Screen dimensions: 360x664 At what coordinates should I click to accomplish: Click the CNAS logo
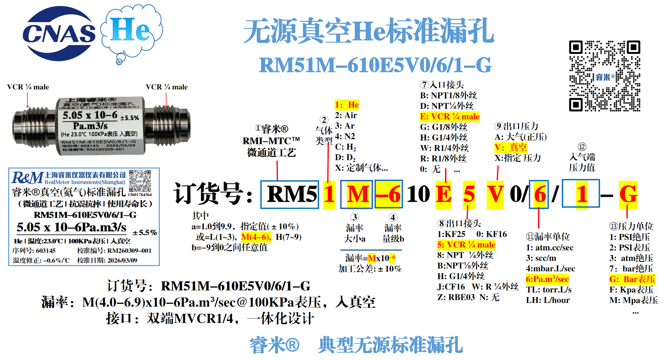click(x=59, y=34)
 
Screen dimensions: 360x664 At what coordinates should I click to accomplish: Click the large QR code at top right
click(x=605, y=76)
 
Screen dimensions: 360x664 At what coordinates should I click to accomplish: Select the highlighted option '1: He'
click(x=347, y=105)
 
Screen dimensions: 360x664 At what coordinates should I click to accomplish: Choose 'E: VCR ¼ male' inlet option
click(x=449, y=117)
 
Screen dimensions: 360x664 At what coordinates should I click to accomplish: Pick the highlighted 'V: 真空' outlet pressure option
click(x=510, y=147)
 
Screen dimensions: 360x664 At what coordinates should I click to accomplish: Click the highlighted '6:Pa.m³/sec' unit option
click(x=547, y=279)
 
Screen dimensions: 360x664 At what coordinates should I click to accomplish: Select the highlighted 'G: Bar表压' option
click(x=632, y=279)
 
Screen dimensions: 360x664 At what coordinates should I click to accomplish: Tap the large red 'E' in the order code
click(x=443, y=194)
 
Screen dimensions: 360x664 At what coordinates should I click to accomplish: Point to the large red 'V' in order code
click(x=495, y=194)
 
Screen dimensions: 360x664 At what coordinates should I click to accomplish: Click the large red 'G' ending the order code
click(x=628, y=194)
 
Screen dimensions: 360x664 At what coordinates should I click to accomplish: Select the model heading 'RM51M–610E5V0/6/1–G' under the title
click(x=375, y=65)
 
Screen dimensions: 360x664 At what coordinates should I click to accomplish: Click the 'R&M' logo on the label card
click(x=28, y=178)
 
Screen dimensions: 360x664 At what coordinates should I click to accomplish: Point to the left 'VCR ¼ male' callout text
click(x=28, y=87)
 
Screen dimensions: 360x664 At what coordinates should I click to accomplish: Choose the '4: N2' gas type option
click(x=345, y=136)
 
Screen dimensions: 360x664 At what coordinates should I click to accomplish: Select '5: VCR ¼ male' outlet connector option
click(x=466, y=245)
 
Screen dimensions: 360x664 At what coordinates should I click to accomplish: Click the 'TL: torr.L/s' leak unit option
click(x=549, y=290)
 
